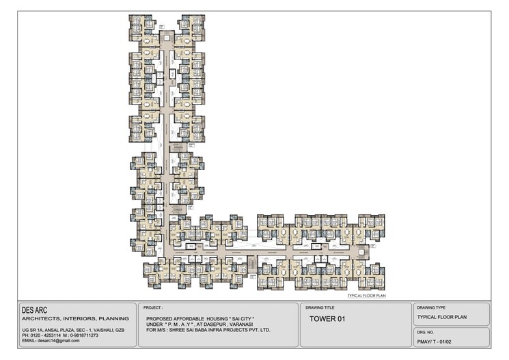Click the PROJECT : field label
(x=153, y=308)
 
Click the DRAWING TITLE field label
(x=320, y=308)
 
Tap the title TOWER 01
(x=329, y=319)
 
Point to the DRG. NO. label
(x=425, y=331)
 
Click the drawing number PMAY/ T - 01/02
(x=437, y=340)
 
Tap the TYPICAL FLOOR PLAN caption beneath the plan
(x=367, y=295)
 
